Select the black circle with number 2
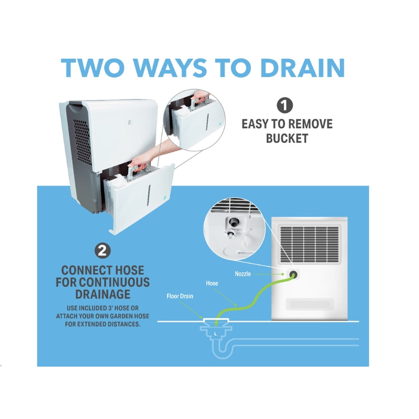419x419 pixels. (102, 251)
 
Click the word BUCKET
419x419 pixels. (287, 139)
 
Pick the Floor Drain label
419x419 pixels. (181, 296)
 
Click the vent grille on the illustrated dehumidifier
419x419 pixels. (308, 244)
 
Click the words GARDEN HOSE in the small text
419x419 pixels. (123, 316)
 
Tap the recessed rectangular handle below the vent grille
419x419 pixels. (308, 303)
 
